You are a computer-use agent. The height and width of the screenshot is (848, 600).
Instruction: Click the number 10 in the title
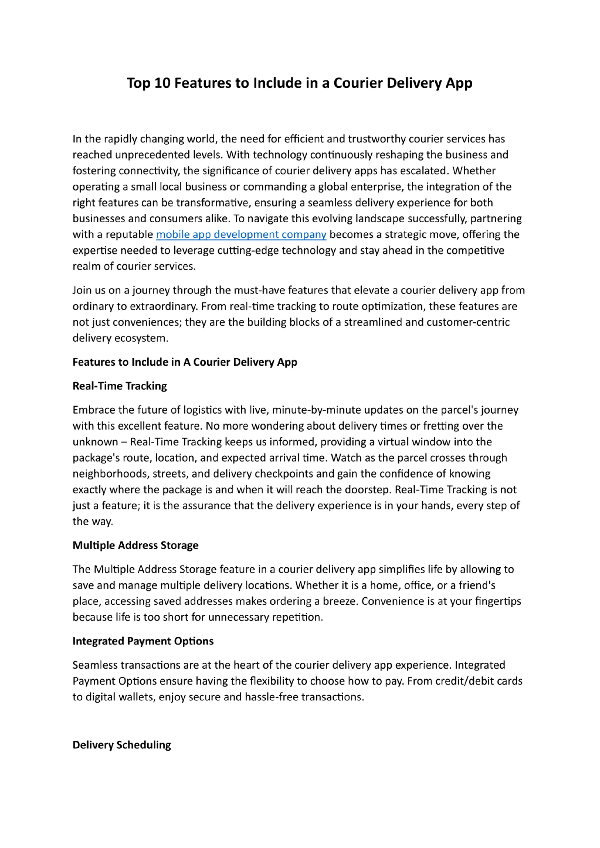(162, 83)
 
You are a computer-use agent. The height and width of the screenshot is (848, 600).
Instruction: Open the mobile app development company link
(241, 234)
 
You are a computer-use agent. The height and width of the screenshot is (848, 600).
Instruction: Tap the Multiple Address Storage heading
(135, 545)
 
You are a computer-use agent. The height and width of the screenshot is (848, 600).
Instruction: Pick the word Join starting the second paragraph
(81, 290)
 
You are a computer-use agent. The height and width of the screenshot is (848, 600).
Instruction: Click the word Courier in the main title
(358, 83)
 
